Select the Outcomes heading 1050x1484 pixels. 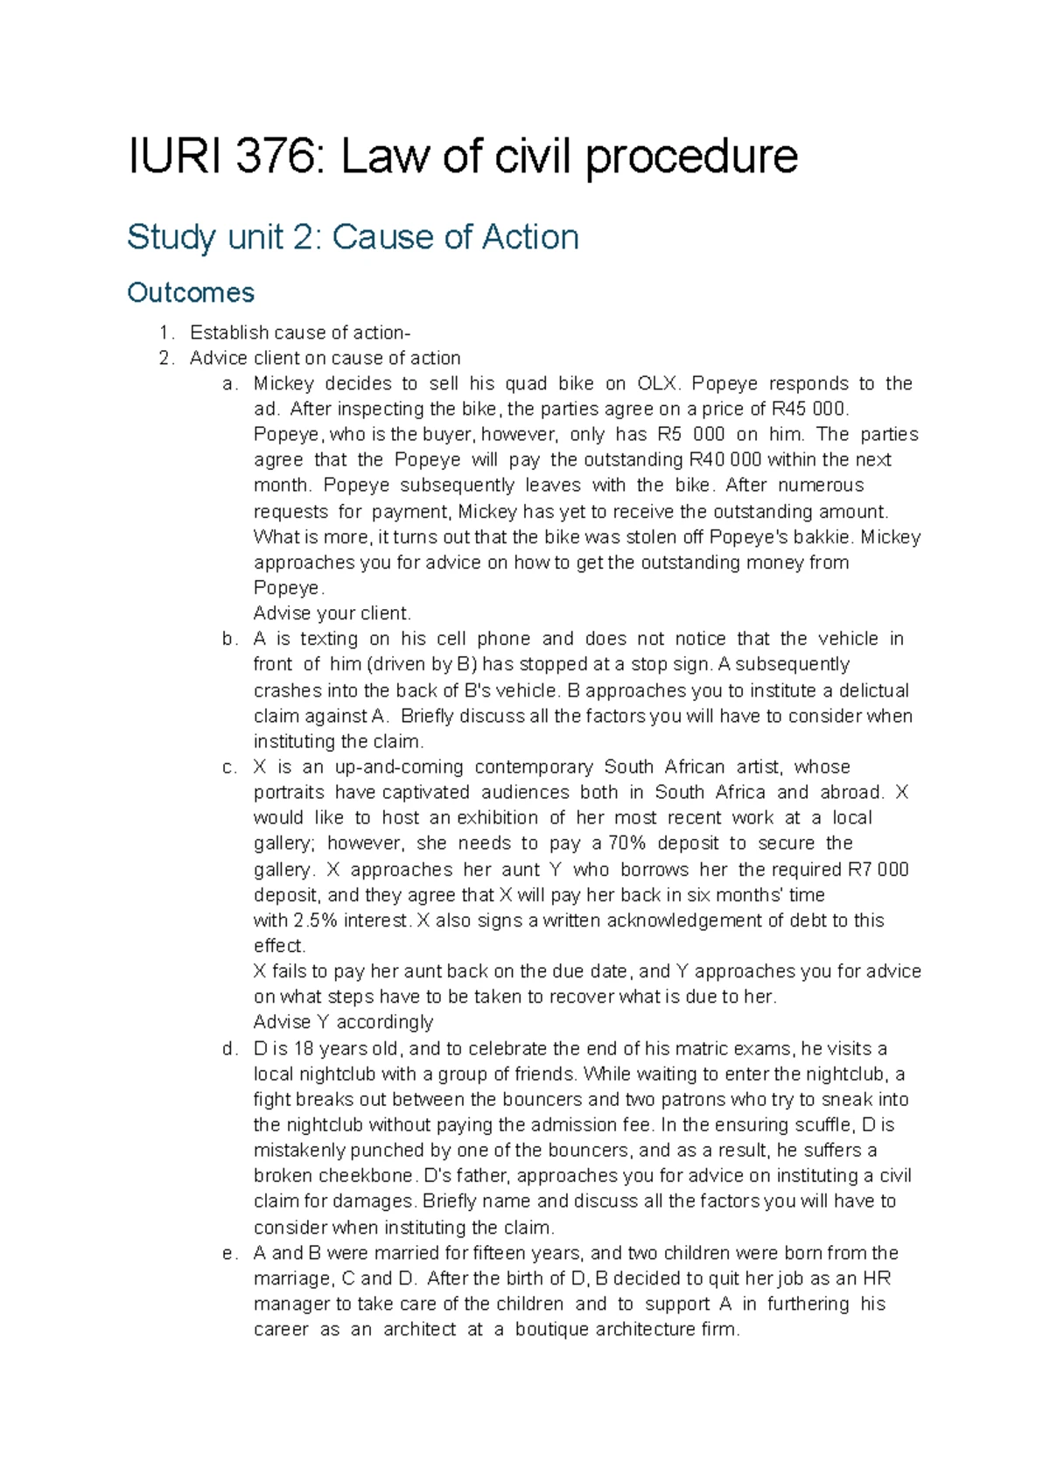tap(191, 292)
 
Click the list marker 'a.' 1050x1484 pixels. tap(229, 384)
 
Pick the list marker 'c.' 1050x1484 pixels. tap(229, 767)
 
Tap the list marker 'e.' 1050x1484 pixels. tap(229, 1253)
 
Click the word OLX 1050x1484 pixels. tap(655, 384)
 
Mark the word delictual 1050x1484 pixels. tap(867, 690)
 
